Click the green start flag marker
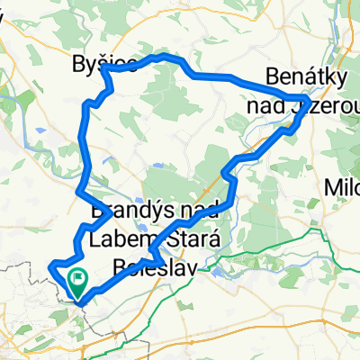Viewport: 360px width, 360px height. click(x=77, y=284)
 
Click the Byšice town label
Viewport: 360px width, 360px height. click(x=104, y=64)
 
